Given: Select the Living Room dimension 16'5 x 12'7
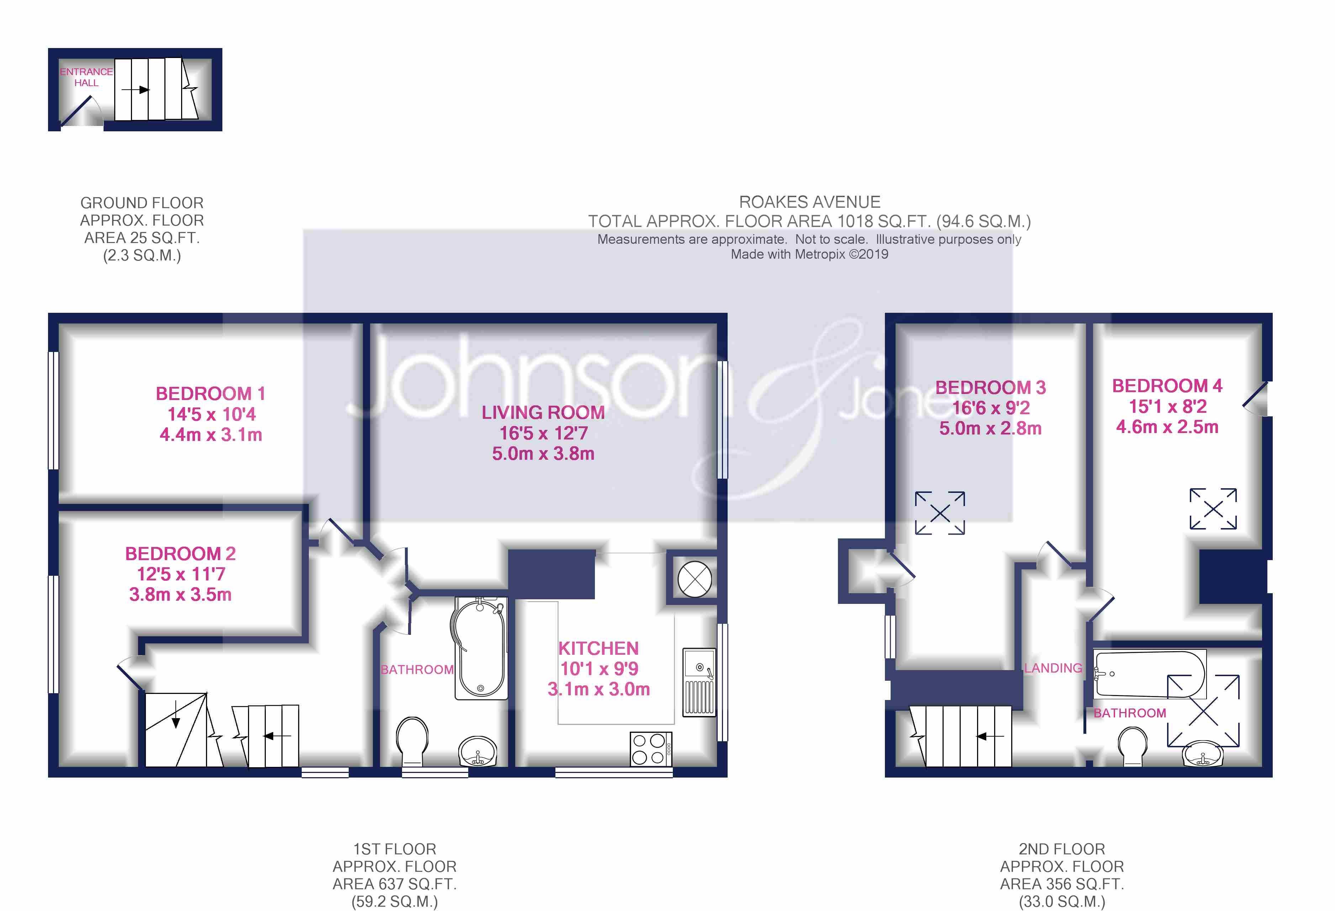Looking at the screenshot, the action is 543,433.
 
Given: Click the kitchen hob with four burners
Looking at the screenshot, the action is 651,749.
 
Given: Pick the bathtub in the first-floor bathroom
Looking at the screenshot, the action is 481,648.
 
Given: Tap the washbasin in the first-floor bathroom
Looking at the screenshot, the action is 477,751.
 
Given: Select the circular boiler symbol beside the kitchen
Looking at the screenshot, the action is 695,579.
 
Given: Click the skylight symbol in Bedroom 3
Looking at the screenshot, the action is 940,513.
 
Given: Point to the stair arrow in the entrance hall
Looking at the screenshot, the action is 136,90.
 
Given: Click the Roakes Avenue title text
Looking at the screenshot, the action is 809,202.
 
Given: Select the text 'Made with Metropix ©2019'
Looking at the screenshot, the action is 809,254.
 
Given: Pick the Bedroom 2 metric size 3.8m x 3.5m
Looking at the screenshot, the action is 180,595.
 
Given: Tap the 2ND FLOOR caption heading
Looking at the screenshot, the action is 1062,849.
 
